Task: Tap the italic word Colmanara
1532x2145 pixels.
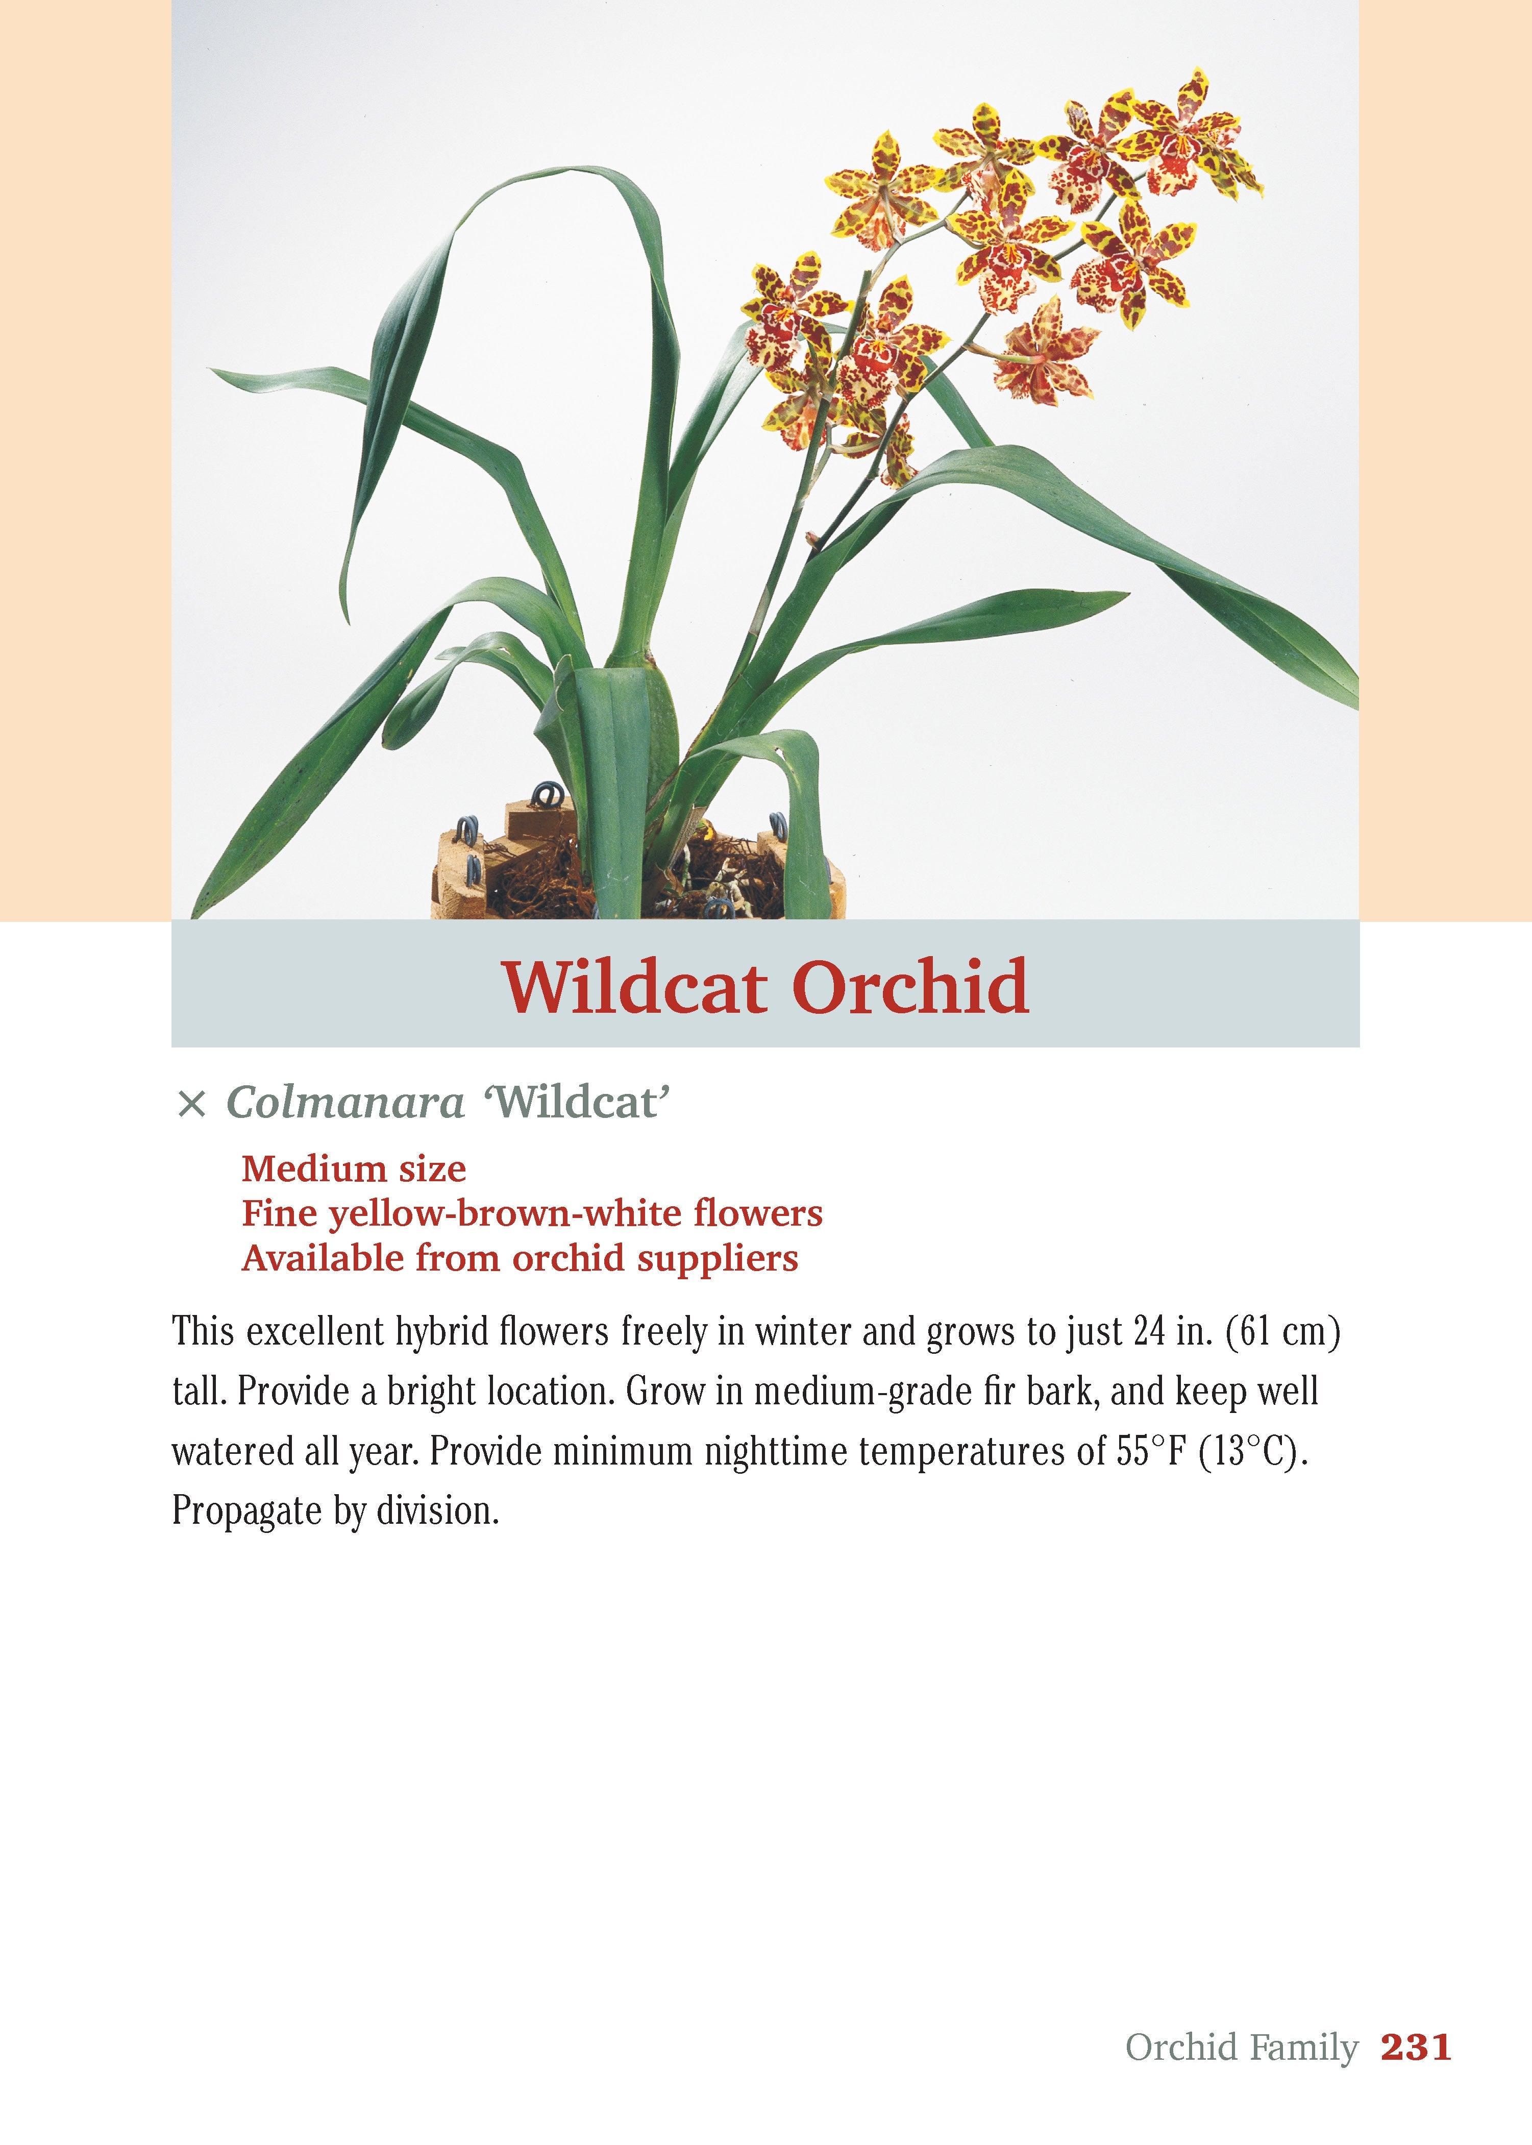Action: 345,1102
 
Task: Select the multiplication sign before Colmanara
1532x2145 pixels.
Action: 191,1104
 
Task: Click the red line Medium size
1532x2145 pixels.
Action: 354,1169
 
